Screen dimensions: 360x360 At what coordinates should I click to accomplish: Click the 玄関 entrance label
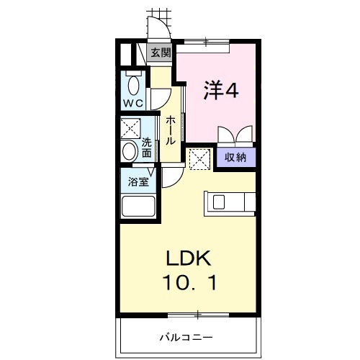pos(161,53)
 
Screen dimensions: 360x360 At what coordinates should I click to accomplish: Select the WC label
pos(132,104)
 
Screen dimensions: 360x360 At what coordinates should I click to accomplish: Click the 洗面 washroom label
pos(147,148)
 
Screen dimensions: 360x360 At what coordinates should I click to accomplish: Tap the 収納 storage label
pos(235,158)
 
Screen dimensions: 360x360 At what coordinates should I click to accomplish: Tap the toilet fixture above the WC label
pos(132,84)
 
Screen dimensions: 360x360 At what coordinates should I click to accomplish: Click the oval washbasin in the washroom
pos(130,152)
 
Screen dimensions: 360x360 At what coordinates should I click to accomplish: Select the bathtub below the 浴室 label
pos(137,208)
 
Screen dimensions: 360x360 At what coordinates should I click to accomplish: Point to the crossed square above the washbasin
pos(130,128)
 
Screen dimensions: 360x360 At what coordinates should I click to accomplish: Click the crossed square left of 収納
pos(199,158)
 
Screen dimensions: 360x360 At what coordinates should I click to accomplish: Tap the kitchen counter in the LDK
pos(229,203)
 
